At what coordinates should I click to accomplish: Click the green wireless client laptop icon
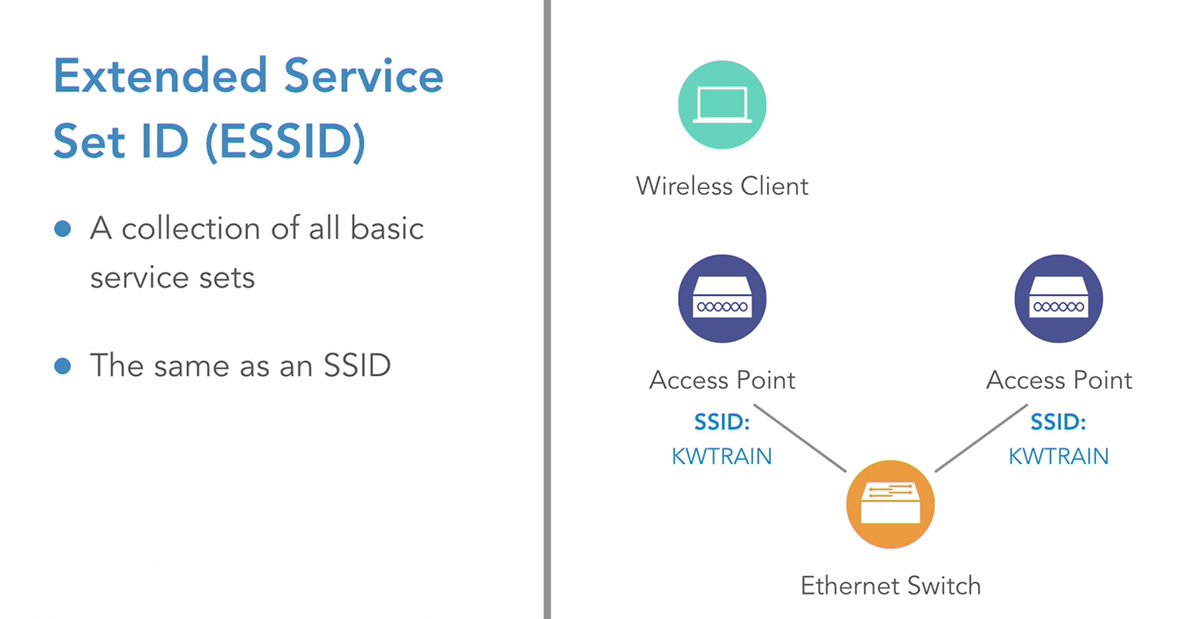click(x=722, y=105)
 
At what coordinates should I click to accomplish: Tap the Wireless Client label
click(x=722, y=186)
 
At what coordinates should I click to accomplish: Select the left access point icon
click(x=722, y=299)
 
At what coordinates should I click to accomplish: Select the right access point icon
click(x=1058, y=299)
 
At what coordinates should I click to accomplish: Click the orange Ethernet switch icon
click(x=890, y=504)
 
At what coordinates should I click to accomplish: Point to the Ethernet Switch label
click(x=890, y=586)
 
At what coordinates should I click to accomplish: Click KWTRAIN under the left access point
click(x=721, y=456)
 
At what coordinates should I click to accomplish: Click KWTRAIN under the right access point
click(x=1058, y=456)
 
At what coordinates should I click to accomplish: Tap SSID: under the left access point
click(x=721, y=422)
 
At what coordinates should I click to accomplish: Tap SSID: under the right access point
click(x=1058, y=422)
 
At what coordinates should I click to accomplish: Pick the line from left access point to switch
click(x=800, y=438)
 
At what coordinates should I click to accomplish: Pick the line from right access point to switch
click(x=981, y=438)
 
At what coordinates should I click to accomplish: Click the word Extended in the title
click(x=160, y=76)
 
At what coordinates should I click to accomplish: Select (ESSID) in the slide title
click(x=286, y=141)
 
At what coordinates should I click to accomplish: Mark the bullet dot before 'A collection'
click(x=62, y=228)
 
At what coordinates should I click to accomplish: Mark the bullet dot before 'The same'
click(x=62, y=366)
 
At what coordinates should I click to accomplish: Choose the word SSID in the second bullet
click(x=357, y=365)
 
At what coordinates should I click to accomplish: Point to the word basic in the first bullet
click(x=387, y=228)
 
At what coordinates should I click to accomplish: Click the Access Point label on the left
click(x=722, y=380)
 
